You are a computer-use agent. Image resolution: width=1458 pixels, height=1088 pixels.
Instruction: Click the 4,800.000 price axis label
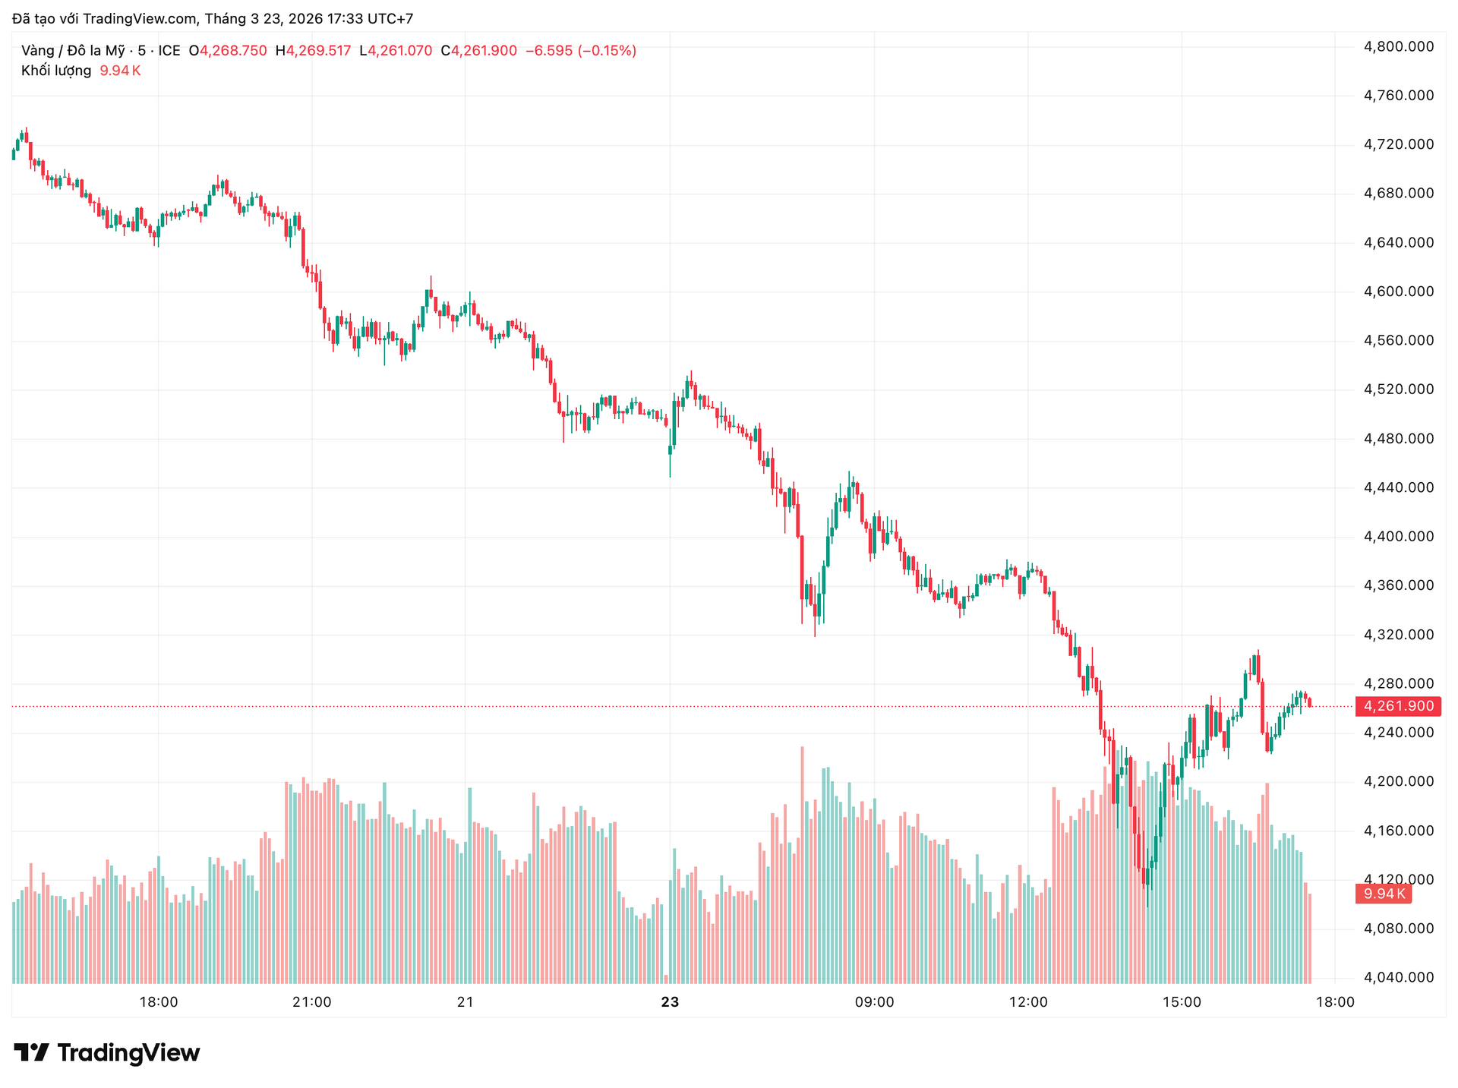[1399, 47]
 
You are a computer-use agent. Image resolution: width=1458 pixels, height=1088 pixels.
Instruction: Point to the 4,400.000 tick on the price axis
[1399, 537]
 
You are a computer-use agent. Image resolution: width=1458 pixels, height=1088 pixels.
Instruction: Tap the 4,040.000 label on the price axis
[1399, 978]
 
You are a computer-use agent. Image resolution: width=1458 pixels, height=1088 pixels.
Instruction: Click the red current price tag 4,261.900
[1398, 707]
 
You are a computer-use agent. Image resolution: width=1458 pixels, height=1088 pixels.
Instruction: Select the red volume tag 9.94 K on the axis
[1383, 894]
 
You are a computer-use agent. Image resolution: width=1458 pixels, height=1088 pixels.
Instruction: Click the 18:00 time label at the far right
[1334, 1002]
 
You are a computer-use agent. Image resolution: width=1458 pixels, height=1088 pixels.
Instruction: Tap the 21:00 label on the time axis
[311, 1002]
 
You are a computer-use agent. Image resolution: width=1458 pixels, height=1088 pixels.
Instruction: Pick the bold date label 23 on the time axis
[670, 1002]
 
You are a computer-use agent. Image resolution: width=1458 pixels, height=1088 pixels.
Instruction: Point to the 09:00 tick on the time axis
[874, 1002]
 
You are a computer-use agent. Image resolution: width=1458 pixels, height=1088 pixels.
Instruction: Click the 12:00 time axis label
[1028, 1002]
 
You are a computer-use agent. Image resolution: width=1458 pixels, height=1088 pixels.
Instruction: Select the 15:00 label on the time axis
[1182, 1002]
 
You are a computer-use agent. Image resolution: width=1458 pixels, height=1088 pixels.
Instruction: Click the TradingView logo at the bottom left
[107, 1053]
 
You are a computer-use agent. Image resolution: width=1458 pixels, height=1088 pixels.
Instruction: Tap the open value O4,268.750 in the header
[228, 51]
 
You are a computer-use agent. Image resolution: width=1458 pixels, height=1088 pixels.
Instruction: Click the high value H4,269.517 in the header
[313, 51]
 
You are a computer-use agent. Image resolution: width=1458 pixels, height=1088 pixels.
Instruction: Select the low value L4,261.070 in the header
[396, 51]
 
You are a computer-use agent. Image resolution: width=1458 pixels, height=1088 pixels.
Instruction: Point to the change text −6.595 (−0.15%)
[581, 51]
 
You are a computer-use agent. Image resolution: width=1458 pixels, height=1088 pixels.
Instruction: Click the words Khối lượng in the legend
[56, 71]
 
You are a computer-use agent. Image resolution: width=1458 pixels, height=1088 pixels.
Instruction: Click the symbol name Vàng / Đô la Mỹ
[73, 51]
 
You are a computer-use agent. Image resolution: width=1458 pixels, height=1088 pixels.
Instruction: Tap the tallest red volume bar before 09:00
[802, 866]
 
